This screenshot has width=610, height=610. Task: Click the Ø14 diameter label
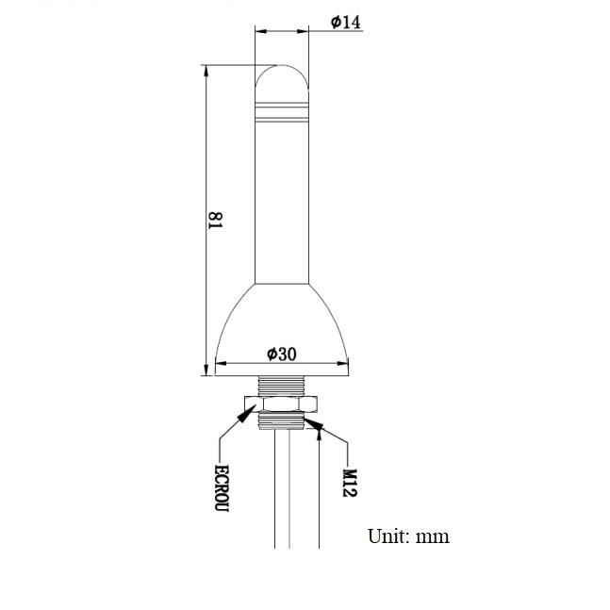(345, 22)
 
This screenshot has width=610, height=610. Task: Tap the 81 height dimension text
(216, 221)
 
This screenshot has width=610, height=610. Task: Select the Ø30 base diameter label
(282, 354)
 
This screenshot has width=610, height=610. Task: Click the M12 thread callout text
(350, 483)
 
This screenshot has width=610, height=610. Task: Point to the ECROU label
(222, 487)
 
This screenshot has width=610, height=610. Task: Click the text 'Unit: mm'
(408, 536)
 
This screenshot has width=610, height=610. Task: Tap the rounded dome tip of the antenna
(282, 77)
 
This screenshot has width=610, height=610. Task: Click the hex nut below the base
(281, 404)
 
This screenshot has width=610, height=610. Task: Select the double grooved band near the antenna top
(282, 112)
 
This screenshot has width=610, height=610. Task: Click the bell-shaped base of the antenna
(282, 330)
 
